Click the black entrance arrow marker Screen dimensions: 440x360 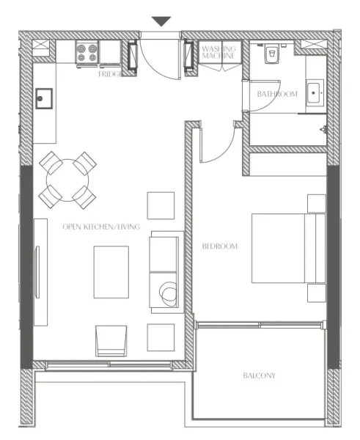point(161,22)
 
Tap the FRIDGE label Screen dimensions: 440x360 point(110,73)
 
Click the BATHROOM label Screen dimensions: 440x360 point(276,94)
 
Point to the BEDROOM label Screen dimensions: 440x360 point(220,246)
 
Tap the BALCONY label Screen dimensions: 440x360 point(259,375)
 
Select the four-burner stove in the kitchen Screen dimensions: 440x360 point(87,53)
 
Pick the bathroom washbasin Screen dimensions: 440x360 point(316,92)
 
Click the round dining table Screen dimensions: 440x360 point(67,179)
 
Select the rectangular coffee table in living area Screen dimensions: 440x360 point(111,272)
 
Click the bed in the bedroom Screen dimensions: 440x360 point(288,248)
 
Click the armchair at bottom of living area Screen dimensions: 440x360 point(111,341)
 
